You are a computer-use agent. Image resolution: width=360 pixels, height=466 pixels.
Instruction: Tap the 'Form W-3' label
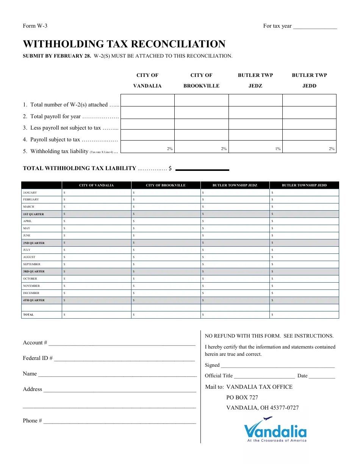35,26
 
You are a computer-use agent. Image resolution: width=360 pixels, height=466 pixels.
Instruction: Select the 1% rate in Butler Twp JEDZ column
278,149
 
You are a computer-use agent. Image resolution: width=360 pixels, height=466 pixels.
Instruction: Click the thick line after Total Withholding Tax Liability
202,170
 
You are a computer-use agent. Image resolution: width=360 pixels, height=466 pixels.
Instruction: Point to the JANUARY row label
30,192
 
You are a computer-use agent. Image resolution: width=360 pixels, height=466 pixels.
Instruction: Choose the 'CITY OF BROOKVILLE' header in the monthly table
166,185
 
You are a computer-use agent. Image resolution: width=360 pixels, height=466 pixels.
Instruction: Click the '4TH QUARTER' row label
34,300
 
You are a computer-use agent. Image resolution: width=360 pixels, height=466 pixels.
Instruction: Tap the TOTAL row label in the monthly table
28,314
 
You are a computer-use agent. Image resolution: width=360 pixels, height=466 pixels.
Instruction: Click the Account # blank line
122,344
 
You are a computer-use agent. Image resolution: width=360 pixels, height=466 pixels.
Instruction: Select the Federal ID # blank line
124,360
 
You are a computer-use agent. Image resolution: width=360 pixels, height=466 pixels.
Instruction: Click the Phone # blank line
119,422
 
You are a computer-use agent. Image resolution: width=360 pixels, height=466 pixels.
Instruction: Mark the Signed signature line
277,366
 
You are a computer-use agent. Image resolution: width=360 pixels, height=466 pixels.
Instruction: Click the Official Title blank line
264,377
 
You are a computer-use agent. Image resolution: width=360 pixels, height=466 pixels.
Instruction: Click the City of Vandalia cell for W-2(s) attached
147,100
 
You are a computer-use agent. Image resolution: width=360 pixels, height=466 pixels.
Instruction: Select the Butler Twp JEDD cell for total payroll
309,113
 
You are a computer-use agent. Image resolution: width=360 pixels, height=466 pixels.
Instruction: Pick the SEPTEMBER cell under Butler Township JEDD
304,264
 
